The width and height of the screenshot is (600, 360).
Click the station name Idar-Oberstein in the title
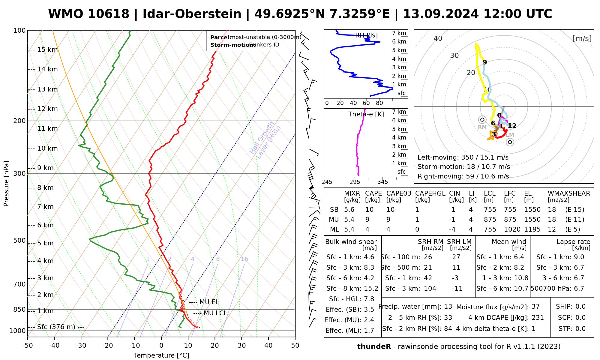point(192,14)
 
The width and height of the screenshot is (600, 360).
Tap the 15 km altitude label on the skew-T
point(47,50)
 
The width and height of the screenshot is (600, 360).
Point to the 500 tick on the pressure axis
point(20,241)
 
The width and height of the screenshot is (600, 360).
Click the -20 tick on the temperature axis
point(108,346)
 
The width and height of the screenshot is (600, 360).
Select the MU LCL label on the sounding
point(215,313)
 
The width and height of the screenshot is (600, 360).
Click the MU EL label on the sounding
point(209,302)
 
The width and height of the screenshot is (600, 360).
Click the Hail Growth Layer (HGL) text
point(265,140)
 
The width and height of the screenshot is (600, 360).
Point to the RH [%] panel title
point(366,35)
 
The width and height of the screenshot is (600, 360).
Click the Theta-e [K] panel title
point(366,114)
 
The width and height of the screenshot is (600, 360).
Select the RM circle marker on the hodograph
point(482,120)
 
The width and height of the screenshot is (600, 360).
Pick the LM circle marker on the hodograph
point(510,142)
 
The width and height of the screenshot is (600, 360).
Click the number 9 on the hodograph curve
point(485,62)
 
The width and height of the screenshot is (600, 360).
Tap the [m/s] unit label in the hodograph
point(582,39)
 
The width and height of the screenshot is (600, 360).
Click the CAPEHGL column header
point(430,193)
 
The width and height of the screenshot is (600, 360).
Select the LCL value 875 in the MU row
point(490,220)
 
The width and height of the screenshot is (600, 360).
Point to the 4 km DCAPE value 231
point(538,318)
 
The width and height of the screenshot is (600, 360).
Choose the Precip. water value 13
point(448,307)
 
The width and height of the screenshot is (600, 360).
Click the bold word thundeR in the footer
point(374,347)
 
